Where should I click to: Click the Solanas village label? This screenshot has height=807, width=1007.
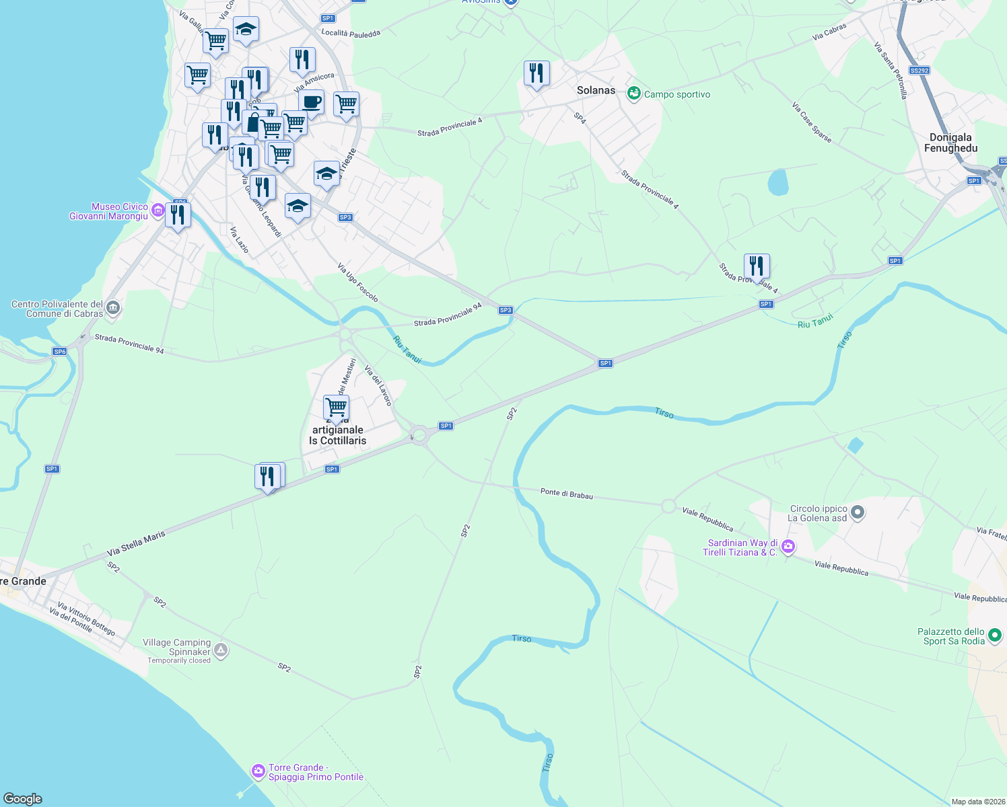pyautogui.click(x=596, y=90)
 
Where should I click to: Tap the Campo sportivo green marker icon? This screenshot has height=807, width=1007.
pyautogui.click(x=633, y=93)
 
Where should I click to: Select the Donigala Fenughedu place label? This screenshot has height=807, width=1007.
pyautogui.click(x=950, y=143)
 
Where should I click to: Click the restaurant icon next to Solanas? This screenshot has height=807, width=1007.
pyautogui.click(x=536, y=73)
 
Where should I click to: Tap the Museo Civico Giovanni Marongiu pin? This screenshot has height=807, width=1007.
pyautogui.click(x=158, y=210)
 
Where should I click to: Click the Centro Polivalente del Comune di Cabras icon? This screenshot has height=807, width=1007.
pyautogui.click(x=113, y=309)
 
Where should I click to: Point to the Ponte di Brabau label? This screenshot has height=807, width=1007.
pyautogui.click(x=566, y=494)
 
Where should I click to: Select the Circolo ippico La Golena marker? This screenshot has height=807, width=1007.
pyautogui.click(x=857, y=513)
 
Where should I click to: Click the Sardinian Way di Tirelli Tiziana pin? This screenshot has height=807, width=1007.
pyautogui.click(x=788, y=547)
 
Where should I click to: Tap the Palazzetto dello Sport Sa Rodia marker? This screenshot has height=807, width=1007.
pyautogui.click(x=995, y=635)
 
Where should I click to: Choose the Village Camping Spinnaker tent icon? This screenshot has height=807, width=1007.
pyautogui.click(x=221, y=650)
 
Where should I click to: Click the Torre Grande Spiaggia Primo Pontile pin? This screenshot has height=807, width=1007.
pyautogui.click(x=258, y=771)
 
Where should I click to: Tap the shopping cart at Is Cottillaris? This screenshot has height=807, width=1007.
pyautogui.click(x=335, y=407)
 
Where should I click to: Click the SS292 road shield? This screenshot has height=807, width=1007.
pyautogui.click(x=919, y=71)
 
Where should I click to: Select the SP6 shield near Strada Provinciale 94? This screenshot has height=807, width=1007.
pyautogui.click(x=59, y=352)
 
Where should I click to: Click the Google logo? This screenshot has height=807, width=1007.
pyautogui.click(x=23, y=799)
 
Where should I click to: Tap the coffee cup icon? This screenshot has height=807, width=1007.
pyautogui.click(x=311, y=102)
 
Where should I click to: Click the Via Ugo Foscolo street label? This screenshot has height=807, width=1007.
pyautogui.click(x=357, y=282)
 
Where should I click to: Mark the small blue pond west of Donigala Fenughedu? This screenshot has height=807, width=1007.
pyautogui.click(x=777, y=182)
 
